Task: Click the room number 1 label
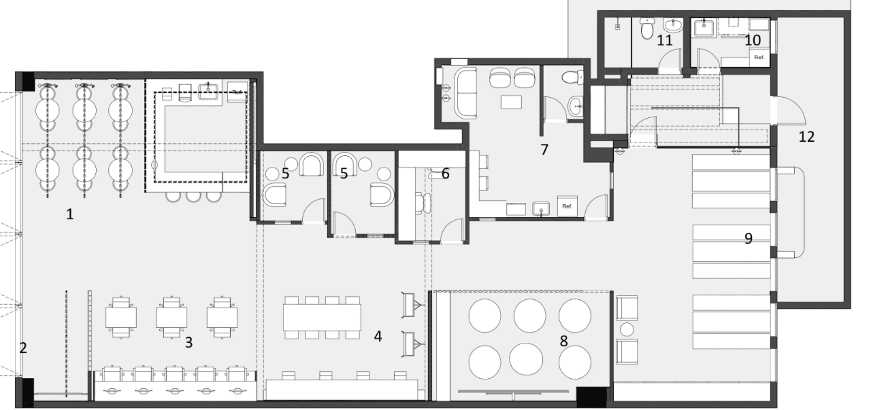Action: click(x=70, y=214)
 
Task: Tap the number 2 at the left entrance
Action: click(x=23, y=348)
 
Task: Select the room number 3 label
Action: click(x=189, y=343)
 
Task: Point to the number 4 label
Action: click(x=378, y=336)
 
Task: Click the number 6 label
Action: click(x=445, y=174)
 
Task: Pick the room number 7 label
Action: click(x=544, y=149)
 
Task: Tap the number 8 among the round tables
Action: click(x=564, y=341)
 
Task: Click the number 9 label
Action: click(x=748, y=238)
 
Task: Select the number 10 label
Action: click(x=753, y=40)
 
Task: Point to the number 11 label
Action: click(x=665, y=40)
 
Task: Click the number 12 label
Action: click(x=807, y=137)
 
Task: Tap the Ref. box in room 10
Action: click(x=759, y=57)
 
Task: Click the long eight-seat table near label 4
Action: click(x=322, y=317)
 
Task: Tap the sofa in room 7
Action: click(x=465, y=93)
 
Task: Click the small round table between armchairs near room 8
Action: click(x=627, y=330)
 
